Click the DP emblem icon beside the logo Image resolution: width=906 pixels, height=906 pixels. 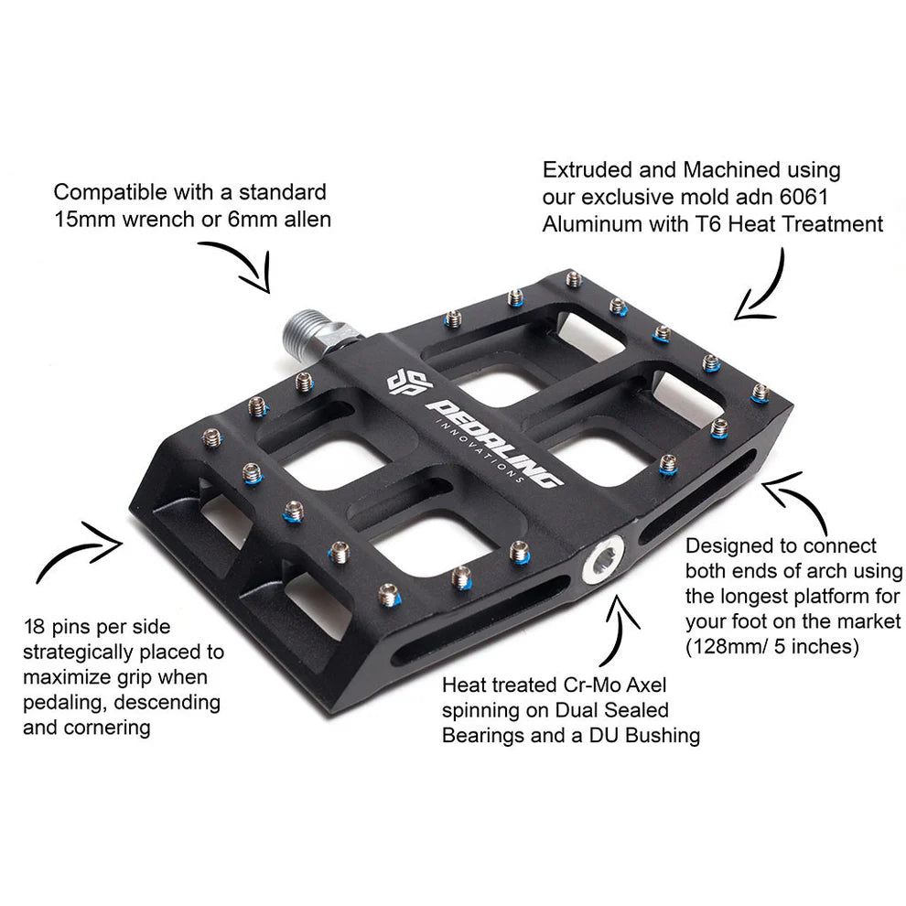[403, 383]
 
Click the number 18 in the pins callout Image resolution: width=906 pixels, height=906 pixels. [36, 627]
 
